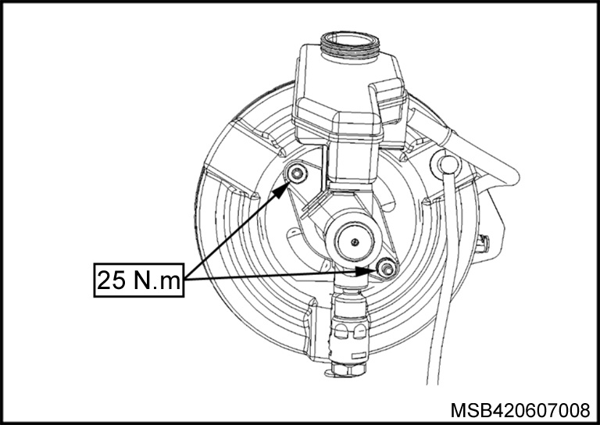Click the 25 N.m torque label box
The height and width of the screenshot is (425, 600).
pos(139,280)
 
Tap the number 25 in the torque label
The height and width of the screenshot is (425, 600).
pos(112,280)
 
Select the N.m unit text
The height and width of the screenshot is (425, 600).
pos(157,280)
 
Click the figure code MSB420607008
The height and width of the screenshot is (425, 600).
pos(520,410)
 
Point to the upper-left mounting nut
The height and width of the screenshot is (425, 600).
pos(298,174)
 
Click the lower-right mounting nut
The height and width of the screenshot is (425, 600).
pos(387,268)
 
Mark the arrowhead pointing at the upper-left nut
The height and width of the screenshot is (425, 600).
pos(282,189)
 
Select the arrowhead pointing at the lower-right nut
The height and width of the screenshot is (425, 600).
pos(366,271)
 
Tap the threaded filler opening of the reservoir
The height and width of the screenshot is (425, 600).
pos(349,45)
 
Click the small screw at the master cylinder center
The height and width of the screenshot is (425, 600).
pos(355,241)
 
